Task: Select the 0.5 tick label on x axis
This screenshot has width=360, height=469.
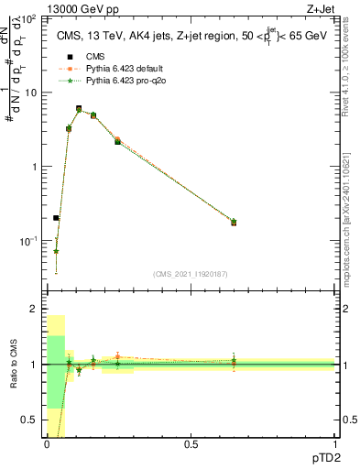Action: pos(191,444)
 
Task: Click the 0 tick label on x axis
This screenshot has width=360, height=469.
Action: pos(47,444)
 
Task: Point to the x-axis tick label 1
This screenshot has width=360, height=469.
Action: pos(334,444)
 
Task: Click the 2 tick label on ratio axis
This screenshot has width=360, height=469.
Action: pos(33,309)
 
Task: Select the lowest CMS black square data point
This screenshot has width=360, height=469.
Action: pos(56,218)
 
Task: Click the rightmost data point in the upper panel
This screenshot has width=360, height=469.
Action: pos(234,223)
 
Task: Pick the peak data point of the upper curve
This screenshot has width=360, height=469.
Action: pos(79,108)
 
